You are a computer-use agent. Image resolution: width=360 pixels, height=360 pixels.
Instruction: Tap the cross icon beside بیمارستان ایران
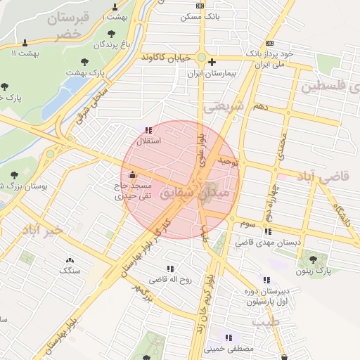211,62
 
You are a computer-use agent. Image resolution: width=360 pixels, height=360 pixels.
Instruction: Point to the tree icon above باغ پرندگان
111,33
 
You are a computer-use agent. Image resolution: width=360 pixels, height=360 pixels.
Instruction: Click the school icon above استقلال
148,129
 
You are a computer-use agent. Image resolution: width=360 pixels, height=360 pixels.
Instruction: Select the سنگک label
70,269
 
